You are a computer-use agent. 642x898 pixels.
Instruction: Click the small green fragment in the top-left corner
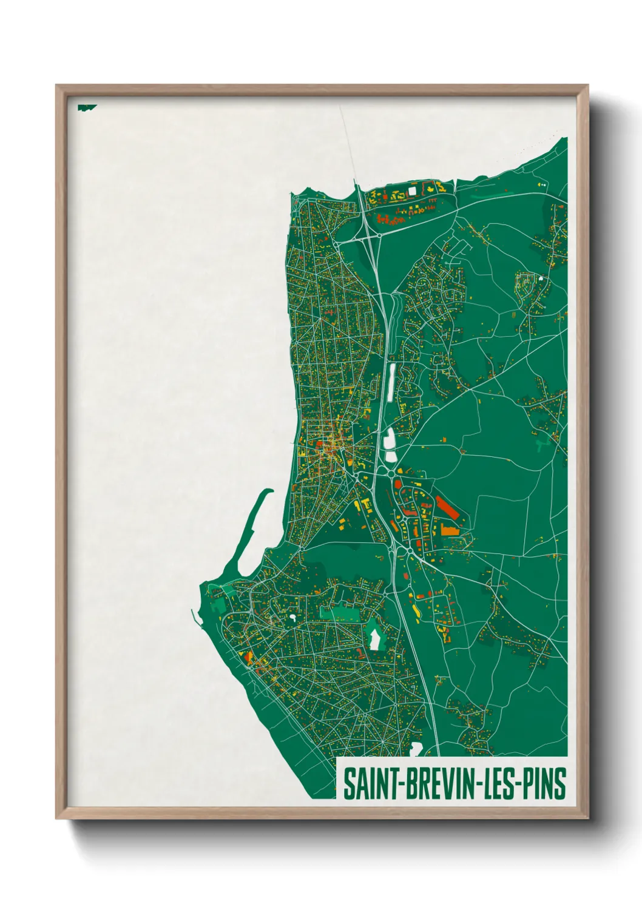point(86,107)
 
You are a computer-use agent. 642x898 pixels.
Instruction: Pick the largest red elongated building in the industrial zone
point(447,508)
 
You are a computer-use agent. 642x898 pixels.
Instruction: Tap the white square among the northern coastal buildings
point(413,191)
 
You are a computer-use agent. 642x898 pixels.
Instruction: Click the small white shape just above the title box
point(416,748)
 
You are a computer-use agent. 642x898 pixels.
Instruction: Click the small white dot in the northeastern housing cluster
point(540,279)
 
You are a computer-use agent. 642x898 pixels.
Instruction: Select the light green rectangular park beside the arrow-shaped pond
point(335,613)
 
